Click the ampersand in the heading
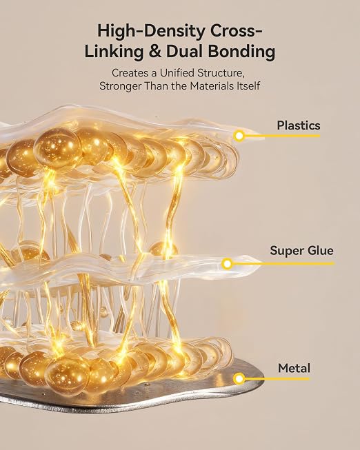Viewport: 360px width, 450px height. (x=154, y=52)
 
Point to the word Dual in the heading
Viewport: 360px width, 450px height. (x=184, y=52)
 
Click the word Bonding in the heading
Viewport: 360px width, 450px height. (x=241, y=52)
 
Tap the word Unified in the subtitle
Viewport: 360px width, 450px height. (x=177, y=73)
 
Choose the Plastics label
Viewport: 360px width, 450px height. (x=299, y=125)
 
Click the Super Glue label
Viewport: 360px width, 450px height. (x=301, y=251)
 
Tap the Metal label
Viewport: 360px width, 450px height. (x=294, y=368)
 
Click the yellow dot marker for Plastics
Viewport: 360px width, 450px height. (x=239, y=136)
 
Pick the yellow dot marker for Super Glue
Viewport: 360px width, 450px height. (x=227, y=263)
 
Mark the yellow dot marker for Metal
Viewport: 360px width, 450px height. (x=239, y=379)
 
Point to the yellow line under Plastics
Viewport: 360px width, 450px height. (x=282, y=136)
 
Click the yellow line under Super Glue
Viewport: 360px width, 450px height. (x=283, y=263)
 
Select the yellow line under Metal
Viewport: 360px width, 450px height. (x=277, y=379)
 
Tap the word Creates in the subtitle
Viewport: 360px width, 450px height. (x=130, y=73)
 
